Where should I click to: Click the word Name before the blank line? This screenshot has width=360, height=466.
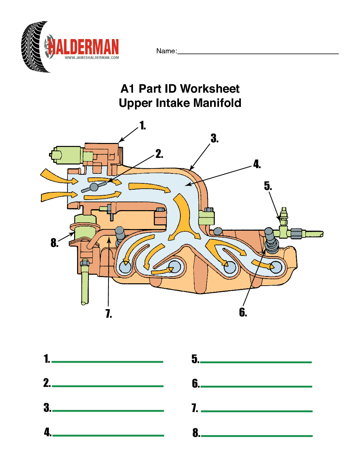(x=166, y=51)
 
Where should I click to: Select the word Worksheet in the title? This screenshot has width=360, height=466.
(x=210, y=89)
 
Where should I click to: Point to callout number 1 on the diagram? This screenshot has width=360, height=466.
(x=143, y=126)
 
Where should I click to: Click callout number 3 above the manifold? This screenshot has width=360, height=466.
(x=214, y=138)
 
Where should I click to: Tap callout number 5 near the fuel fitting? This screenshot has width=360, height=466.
(x=268, y=186)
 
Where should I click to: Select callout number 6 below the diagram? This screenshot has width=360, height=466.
(x=243, y=312)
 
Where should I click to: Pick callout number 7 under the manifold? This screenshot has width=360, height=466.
(x=109, y=313)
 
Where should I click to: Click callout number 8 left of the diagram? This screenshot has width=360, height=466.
(x=54, y=243)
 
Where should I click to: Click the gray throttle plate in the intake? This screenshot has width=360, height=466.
(x=94, y=187)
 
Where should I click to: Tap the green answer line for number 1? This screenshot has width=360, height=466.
(x=108, y=362)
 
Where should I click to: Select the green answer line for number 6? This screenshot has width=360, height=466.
(x=256, y=386)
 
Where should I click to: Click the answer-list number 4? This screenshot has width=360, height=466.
(x=48, y=432)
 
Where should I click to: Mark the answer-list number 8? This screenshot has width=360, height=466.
(x=196, y=433)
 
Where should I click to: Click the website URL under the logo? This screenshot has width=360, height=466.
(x=92, y=58)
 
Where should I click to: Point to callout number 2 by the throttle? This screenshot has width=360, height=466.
(x=159, y=154)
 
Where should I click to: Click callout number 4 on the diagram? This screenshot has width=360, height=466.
(x=257, y=164)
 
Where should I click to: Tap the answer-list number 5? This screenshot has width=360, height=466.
(x=195, y=359)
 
